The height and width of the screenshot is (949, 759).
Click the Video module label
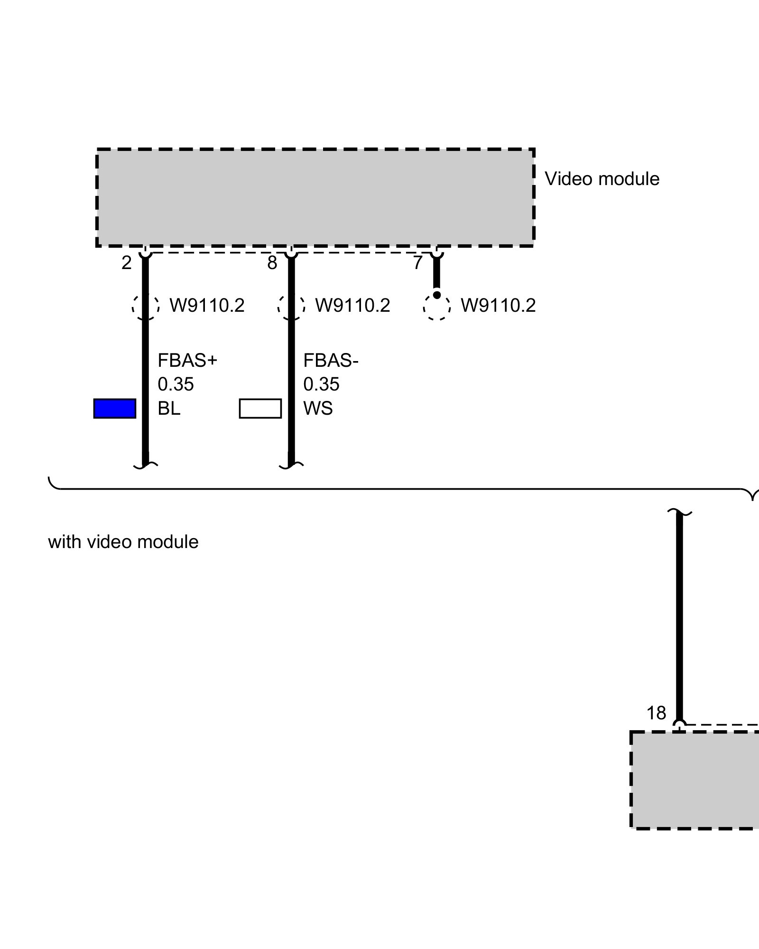click(602, 179)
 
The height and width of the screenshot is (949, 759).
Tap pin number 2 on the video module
click(126, 263)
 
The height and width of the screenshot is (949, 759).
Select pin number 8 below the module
click(272, 263)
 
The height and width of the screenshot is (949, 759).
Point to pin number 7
click(417, 263)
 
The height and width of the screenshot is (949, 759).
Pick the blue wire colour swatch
click(115, 409)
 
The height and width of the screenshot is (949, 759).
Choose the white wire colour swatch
click(260, 409)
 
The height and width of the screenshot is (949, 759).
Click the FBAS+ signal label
click(187, 361)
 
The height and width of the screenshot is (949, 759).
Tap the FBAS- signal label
click(331, 361)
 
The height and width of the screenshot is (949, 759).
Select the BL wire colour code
click(169, 409)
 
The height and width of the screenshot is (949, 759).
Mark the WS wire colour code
click(318, 409)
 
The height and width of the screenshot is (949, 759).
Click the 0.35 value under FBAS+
click(176, 384)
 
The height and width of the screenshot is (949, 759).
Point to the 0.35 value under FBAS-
click(321, 384)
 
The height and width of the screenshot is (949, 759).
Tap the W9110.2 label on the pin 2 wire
click(207, 305)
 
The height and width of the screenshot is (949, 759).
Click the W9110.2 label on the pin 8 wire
click(352, 305)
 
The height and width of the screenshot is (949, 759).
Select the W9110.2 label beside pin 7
click(498, 305)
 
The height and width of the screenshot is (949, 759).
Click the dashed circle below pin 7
click(436, 307)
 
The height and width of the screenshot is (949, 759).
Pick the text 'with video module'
click(123, 542)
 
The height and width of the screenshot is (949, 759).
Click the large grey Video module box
click(315, 197)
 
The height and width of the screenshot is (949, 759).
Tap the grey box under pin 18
click(695, 781)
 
